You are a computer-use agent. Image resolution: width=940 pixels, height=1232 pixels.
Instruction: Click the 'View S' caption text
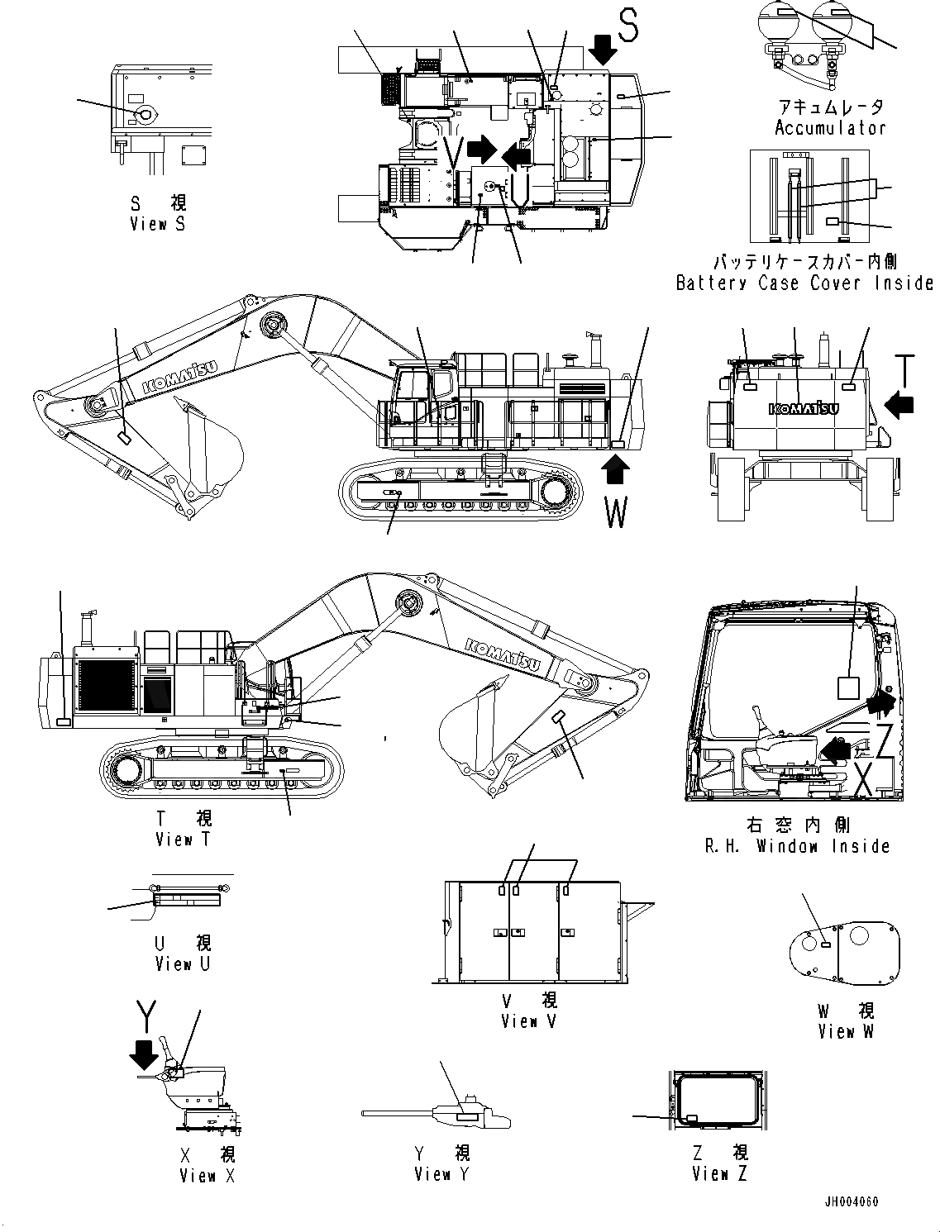(x=159, y=224)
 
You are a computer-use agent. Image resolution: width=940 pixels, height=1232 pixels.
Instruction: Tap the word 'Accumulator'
(x=830, y=128)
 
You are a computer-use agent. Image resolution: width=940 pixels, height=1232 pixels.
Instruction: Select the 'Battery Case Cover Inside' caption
(x=804, y=283)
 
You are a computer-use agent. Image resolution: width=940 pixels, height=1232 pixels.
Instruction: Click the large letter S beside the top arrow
(x=629, y=26)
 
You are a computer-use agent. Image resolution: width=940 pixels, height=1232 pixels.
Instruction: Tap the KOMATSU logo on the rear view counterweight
(x=804, y=408)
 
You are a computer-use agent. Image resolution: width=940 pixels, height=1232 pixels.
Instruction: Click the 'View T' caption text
(x=184, y=840)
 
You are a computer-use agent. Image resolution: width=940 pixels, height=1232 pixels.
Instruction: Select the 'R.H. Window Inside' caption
(x=797, y=846)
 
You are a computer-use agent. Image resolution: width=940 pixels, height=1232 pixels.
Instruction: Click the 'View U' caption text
(x=182, y=964)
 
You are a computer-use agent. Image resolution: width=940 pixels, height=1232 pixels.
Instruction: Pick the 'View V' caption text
(x=528, y=1021)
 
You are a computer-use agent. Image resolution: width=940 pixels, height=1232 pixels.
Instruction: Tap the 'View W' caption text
(x=845, y=1031)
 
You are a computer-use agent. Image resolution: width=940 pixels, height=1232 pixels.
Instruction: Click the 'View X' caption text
(x=207, y=1175)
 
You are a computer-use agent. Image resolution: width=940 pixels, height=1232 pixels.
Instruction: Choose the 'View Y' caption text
(x=441, y=1173)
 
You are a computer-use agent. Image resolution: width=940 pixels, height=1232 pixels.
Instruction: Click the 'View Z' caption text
(x=719, y=1173)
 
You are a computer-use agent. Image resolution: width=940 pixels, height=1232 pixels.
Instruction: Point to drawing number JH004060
(x=851, y=1201)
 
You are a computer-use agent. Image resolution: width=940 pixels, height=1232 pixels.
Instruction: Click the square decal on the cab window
(x=849, y=687)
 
